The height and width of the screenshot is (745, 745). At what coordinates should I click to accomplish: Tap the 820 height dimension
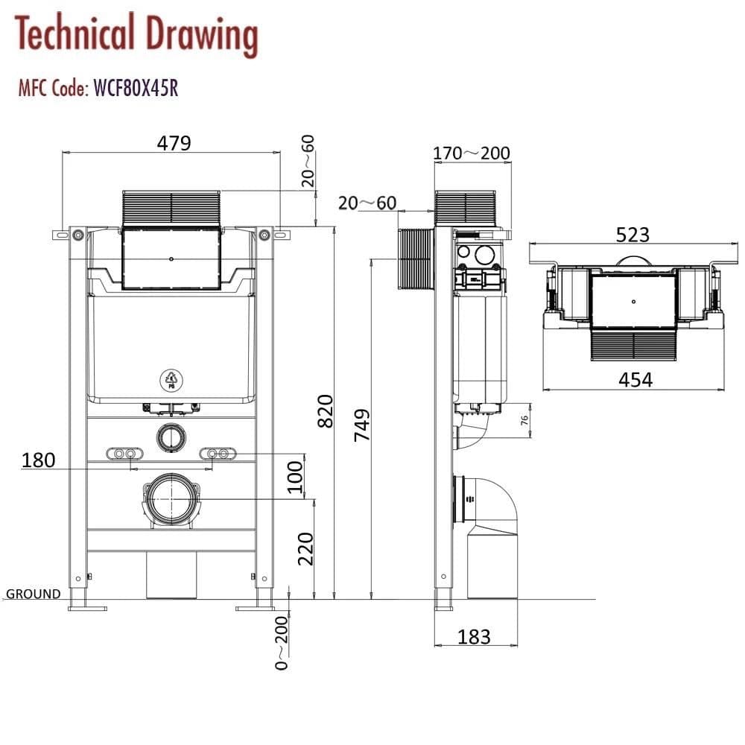coord(326,410)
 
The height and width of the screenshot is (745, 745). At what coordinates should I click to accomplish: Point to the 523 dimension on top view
coord(633,235)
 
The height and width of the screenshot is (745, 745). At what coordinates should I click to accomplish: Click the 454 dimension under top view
coord(635,379)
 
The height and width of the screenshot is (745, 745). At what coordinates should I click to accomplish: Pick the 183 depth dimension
coord(474,637)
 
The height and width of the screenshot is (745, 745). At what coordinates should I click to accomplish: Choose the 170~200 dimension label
coord(472,153)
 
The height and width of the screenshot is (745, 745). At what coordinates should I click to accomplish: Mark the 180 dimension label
coord(39,460)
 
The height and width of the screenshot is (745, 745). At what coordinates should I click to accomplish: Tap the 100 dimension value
coord(296,477)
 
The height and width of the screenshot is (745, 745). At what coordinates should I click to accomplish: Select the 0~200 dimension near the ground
coord(281,642)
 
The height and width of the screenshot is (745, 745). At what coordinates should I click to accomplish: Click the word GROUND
coord(34,594)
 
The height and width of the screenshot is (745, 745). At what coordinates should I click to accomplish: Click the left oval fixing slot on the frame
coord(124,454)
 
